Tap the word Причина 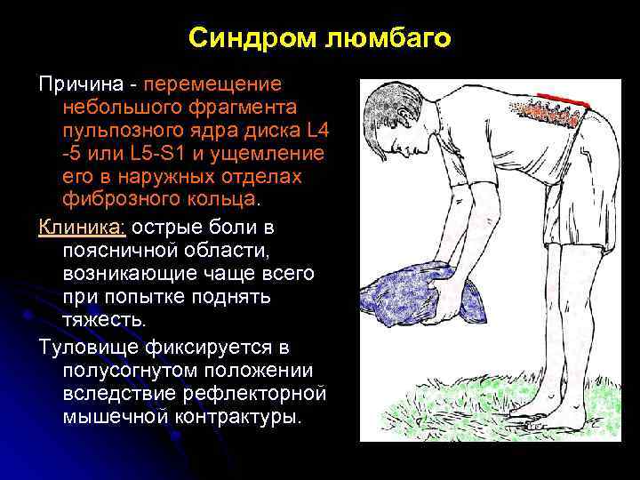[x=77, y=84]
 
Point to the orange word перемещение [x=212, y=84]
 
